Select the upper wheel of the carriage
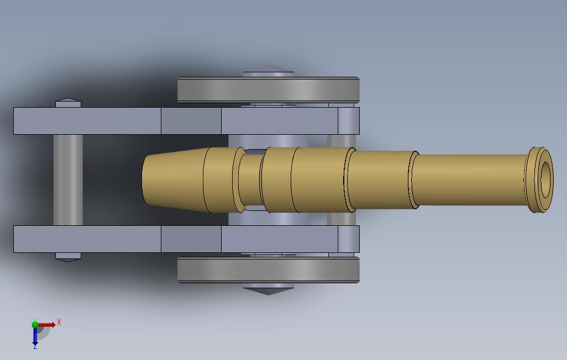[x=269, y=90]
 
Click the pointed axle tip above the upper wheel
[x=268, y=70]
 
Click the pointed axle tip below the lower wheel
[x=268, y=289]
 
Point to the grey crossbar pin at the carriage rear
[x=68, y=179]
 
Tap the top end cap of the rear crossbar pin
[x=68, y=103]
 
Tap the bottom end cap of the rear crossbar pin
[x=68, y=257]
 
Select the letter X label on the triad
[x=59, y=322]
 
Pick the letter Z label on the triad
[x=35, y=347]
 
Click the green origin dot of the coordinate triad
[x=35, y=325]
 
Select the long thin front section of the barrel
[x=470, y=179]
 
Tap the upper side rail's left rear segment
[x=87, y=121]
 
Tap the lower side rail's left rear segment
[x=87, y=239]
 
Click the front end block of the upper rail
[x=348, y=121]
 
